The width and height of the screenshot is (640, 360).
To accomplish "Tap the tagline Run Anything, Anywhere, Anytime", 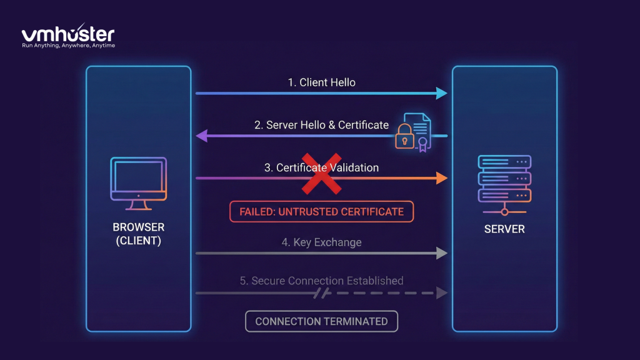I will pos(68,46).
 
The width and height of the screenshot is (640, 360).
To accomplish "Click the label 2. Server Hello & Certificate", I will pos(321,125).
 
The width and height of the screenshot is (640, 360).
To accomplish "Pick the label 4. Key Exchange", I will pos(321,242).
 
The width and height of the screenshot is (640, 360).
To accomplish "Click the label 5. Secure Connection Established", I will pos(321,281).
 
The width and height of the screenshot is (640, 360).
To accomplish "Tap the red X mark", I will pos(321,173).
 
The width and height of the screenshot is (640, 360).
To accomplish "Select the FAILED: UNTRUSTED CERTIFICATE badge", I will pos(321,212).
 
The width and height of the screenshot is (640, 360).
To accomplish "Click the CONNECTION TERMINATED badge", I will pos(321,321).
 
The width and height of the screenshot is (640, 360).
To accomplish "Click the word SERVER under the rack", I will pos(504,229).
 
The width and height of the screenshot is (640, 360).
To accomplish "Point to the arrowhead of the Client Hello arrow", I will pos(442,93).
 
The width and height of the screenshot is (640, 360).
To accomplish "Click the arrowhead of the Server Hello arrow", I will pos(201,136).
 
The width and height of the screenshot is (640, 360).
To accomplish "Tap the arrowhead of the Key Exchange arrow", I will pos(442,253).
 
